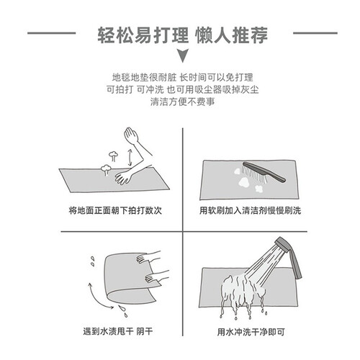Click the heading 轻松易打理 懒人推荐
182,35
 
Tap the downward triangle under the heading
182,55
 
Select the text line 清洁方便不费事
182,102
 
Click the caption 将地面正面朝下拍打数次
115,210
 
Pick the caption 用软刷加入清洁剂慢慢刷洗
250,210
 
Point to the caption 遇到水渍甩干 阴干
118,331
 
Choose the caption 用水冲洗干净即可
251,332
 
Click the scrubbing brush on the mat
263,172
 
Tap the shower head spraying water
282,245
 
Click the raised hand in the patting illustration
131,135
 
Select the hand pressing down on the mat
123,177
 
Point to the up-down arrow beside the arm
130,157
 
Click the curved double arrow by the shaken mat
97,297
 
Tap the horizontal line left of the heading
52,33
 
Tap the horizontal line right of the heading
315,33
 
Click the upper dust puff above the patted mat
113,156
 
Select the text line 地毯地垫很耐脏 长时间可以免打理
182,77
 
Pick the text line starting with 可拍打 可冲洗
182,89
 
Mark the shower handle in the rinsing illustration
296,264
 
